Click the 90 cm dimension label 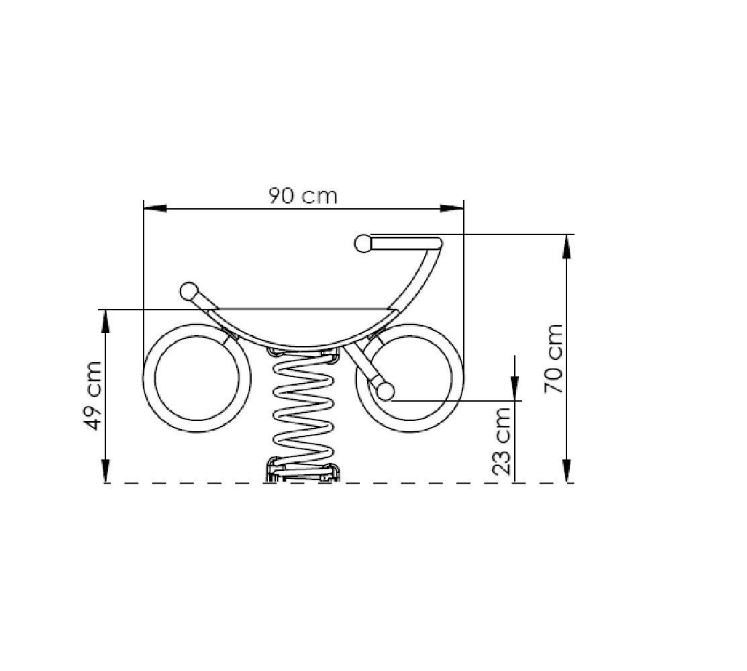pyautogui.click(x=303, y=195)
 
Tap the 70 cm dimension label pyautogui.click(x=554, y=359)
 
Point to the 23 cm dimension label pyautogui.click(x=501, y=441)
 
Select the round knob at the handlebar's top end pyautogui.click(x=363, y=243)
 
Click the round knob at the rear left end pyautogui.click(x=189, y=291)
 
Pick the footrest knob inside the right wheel pyautogui.click(x=385, y=391)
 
